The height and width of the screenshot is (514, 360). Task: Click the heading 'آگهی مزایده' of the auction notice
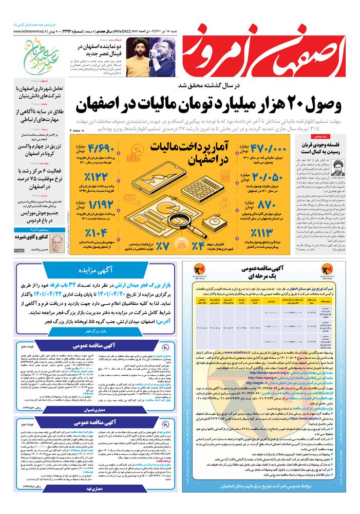click(96, 269)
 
